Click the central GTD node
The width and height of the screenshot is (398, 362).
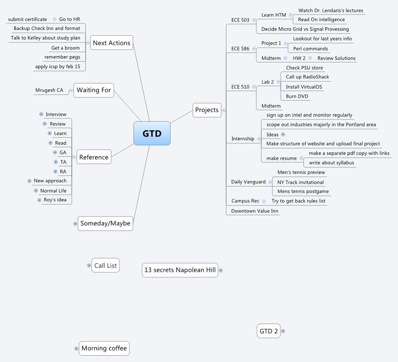152,134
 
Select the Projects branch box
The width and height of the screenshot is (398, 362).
207,110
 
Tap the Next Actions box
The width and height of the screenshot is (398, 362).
112,43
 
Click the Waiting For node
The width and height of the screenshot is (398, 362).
94,90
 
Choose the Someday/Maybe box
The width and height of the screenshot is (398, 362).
105,223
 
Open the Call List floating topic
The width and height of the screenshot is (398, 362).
105,265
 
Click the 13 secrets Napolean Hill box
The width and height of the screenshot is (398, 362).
180,270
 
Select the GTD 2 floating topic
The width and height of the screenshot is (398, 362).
269,331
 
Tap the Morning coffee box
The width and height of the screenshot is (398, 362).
104,348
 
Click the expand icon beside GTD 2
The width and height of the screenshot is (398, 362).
283,331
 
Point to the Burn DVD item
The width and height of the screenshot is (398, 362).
297,96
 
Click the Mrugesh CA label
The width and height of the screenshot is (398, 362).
49,90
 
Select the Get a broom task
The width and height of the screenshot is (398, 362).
65,48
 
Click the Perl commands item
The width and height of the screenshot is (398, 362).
310,48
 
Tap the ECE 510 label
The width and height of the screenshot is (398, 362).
240,87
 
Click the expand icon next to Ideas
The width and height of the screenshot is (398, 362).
283,134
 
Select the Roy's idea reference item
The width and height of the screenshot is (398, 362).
55,200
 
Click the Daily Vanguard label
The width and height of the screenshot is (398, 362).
248,182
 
